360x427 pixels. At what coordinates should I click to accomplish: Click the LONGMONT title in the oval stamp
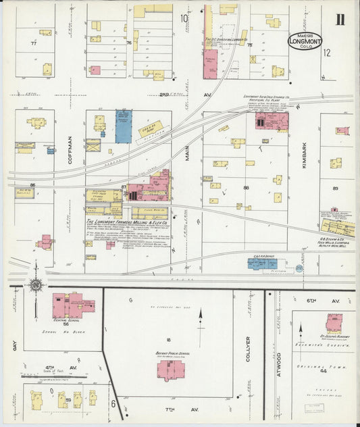(307, 41)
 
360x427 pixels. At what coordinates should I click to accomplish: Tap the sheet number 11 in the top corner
(341, 18)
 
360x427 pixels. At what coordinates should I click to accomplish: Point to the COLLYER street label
(248, 349)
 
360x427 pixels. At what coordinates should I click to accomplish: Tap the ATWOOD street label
(278, 354)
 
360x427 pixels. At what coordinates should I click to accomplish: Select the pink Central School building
(68, 305)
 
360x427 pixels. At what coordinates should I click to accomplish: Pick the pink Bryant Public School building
(172, 370)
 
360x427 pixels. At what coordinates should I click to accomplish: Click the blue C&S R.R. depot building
(261, 264)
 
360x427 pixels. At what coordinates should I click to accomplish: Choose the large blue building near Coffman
(124, 126)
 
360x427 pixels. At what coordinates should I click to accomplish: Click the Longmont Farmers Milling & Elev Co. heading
(127, 220)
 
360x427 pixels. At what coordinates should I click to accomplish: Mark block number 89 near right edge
(334, 189)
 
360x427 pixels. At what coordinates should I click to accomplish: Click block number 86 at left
(32, 184)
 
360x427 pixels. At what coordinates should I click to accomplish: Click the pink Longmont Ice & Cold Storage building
(271, 122)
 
